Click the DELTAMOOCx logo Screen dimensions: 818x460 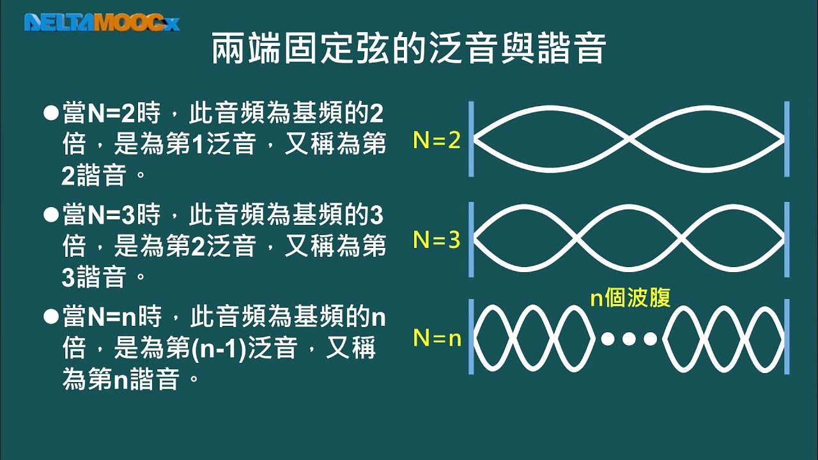click(102, 22)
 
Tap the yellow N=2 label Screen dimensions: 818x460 click(436, 140)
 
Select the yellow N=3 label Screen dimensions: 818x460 click(436, 240)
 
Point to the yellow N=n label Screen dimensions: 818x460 click(437, 338)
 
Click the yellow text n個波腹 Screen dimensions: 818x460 click(631, 298)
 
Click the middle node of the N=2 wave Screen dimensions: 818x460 click(629, 139)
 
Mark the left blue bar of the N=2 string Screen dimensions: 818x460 click(471, 139)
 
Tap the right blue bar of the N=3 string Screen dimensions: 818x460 click(787, 240)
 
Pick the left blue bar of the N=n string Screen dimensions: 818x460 click(471, 337)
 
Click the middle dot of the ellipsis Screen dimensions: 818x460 click(629, 339)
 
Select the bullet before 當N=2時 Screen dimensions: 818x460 click(50, 113)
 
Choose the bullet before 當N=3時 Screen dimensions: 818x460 click(50, 215)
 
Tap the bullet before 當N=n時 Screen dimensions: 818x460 click(50, 316)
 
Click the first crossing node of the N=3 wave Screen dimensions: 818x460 click(576, 239)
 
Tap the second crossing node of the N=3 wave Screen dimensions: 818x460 click(681, 239)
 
